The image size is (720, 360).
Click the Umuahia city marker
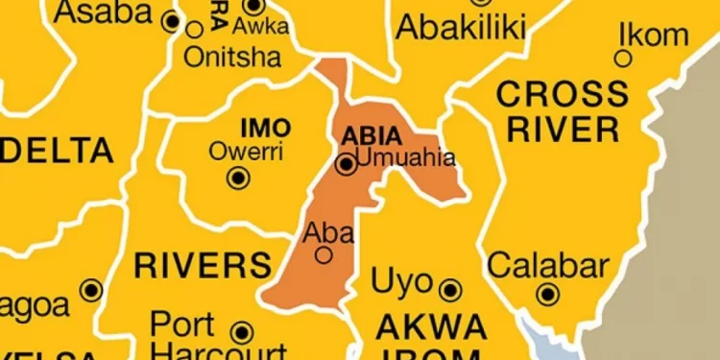point(346,165)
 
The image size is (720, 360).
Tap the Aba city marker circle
point(324,254)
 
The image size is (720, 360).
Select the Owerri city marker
point(236,178)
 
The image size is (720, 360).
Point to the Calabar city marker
point(548,294)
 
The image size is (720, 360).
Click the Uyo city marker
point(449,289)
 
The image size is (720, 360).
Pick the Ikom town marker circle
point(624,59)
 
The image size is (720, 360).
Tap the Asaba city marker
point(173,20)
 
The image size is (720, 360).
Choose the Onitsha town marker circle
point(195,31)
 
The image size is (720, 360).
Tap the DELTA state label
point(58,151)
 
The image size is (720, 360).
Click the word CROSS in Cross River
point(562,94)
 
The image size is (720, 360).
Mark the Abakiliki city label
point(461,27)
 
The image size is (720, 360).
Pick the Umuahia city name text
point(404,156)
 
